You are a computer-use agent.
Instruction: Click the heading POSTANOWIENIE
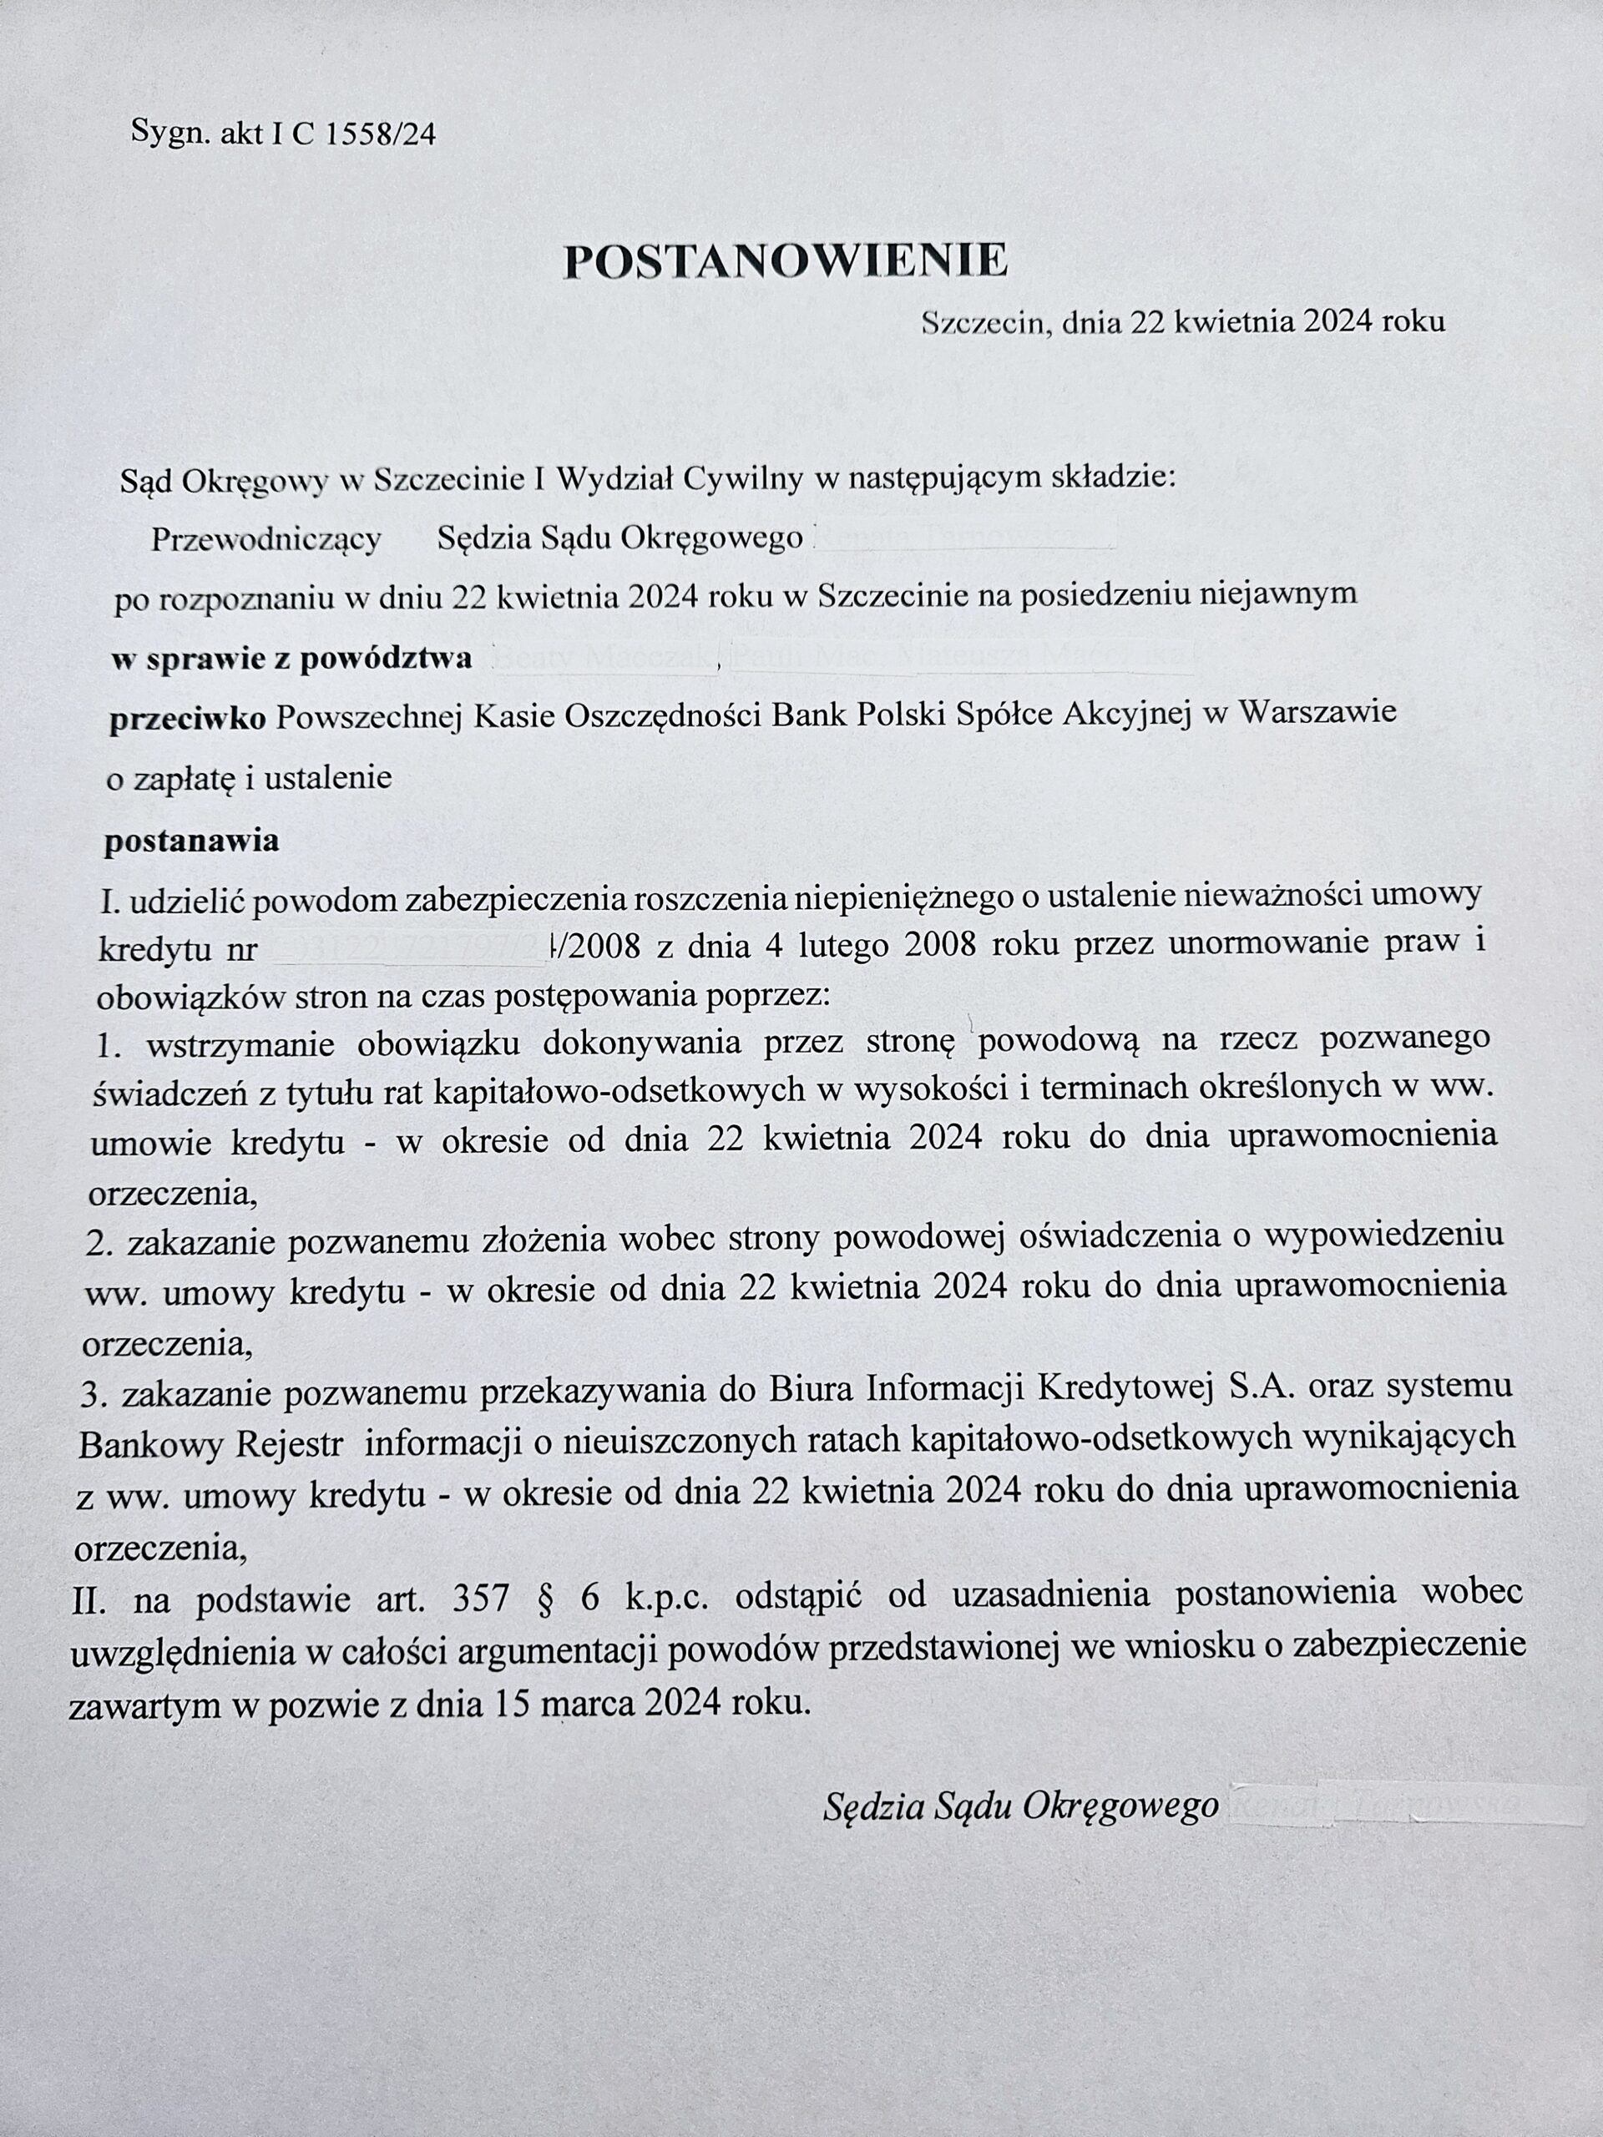point(785,260)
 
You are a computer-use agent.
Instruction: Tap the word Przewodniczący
point(265,539)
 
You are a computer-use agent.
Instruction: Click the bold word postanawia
point(191,841)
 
